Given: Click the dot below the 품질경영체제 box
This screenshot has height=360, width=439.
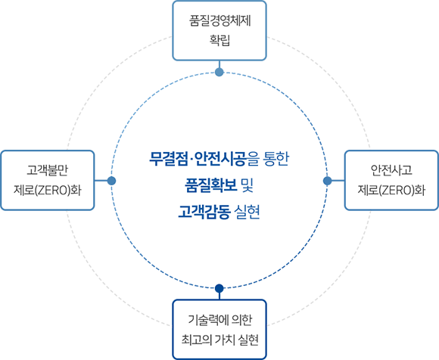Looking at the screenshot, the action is tap(219, 72).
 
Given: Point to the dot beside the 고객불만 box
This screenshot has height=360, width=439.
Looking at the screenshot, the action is tap(111, 181).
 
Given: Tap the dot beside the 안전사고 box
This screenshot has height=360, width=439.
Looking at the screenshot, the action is tap(327, 181).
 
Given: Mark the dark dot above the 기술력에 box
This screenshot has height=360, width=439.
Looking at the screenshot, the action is tap(219, 288).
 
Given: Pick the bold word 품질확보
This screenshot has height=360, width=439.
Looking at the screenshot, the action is tap(211, 185).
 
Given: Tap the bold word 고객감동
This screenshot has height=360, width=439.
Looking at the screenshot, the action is tap(204, 212).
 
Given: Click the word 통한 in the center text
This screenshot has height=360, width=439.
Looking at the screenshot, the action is tap(276, 159).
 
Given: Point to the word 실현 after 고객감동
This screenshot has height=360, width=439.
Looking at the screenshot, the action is tap(247, 212).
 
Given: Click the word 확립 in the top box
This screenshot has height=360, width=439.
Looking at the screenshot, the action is tap(219, 40).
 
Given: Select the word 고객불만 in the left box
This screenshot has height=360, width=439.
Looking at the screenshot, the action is tap(48, 170).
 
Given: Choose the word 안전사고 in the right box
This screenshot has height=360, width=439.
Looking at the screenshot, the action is tap(391, 170).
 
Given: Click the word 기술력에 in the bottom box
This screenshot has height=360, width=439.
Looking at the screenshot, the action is tap(207, 320).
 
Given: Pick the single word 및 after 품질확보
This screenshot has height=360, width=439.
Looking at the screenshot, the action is tap(248, 185).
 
